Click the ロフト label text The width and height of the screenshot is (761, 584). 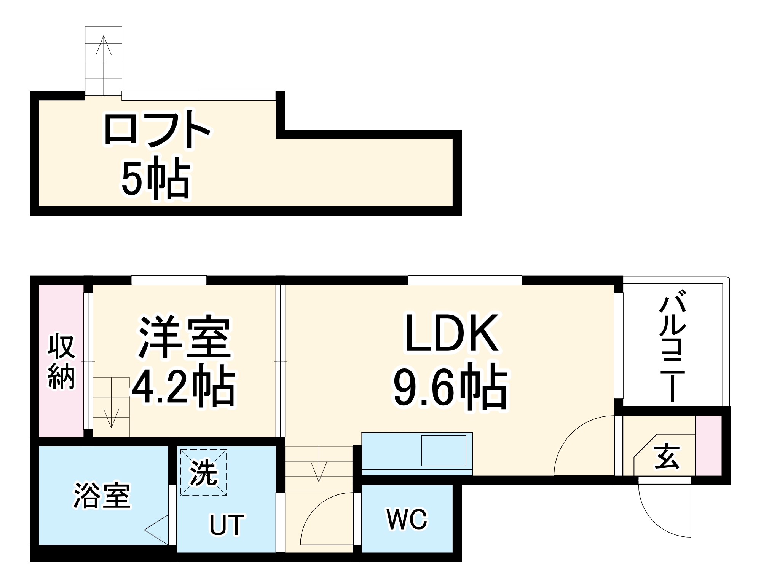(x=157, y=129)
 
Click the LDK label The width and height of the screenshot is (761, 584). (x=451, y=334)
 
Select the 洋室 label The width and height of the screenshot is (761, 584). (x=185, y=337)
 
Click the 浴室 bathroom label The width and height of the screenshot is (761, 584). (x=102, y=496)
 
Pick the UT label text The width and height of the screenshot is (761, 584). (x=227, y=525)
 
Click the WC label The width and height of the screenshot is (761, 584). (x=407, y=519)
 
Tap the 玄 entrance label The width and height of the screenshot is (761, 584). (x=667, y=456)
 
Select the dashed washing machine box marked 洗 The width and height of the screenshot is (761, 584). (x=204, y=472)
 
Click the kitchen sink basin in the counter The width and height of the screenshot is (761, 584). (x=444, y=451)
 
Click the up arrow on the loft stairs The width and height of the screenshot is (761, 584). (x=104, y=46)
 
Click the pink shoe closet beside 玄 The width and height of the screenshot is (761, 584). (x=708, y=445)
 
